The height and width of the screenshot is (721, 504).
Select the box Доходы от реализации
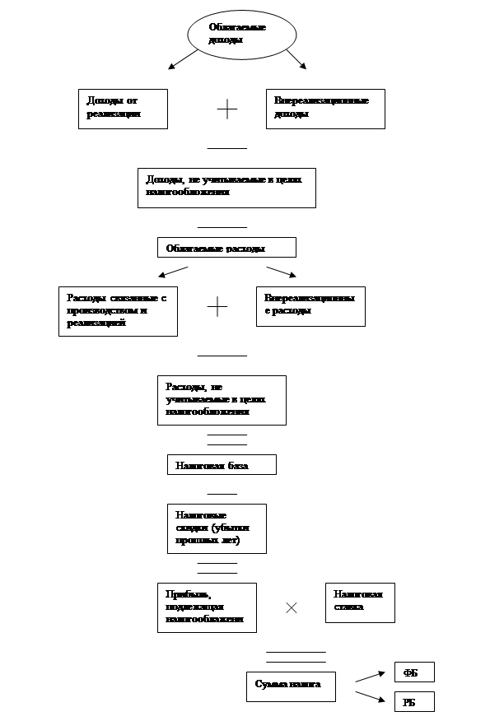click(123, 109)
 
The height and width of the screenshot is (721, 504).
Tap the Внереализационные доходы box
click(325, 109)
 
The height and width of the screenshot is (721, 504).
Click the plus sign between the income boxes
click(226, 109)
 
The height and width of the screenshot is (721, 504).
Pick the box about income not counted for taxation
click(226, 188)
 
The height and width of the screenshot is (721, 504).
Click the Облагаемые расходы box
click(226, 248)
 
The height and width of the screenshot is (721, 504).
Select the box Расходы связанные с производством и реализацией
click(118, 311)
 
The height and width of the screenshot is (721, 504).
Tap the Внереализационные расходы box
click(310, 306)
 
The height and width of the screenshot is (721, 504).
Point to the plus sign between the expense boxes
click(217, 307)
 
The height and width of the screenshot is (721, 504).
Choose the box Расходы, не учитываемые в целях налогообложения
click(222, 400)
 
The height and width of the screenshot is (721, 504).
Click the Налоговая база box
click(222, 465)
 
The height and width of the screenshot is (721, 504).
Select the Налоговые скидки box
click(217, 528)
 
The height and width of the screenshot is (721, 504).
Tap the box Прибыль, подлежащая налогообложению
click(207, 607)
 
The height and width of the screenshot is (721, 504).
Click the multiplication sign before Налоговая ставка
click(291, 607)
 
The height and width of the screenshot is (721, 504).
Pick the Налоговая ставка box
click(360, 602)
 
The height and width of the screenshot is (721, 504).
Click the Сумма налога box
click(291, 686)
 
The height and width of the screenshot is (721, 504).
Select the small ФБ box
click(414, 672)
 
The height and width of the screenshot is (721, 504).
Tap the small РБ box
click(414, 702)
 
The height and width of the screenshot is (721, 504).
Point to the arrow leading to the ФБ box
click(370, 677)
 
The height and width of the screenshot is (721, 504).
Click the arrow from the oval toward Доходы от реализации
click(183, 59)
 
